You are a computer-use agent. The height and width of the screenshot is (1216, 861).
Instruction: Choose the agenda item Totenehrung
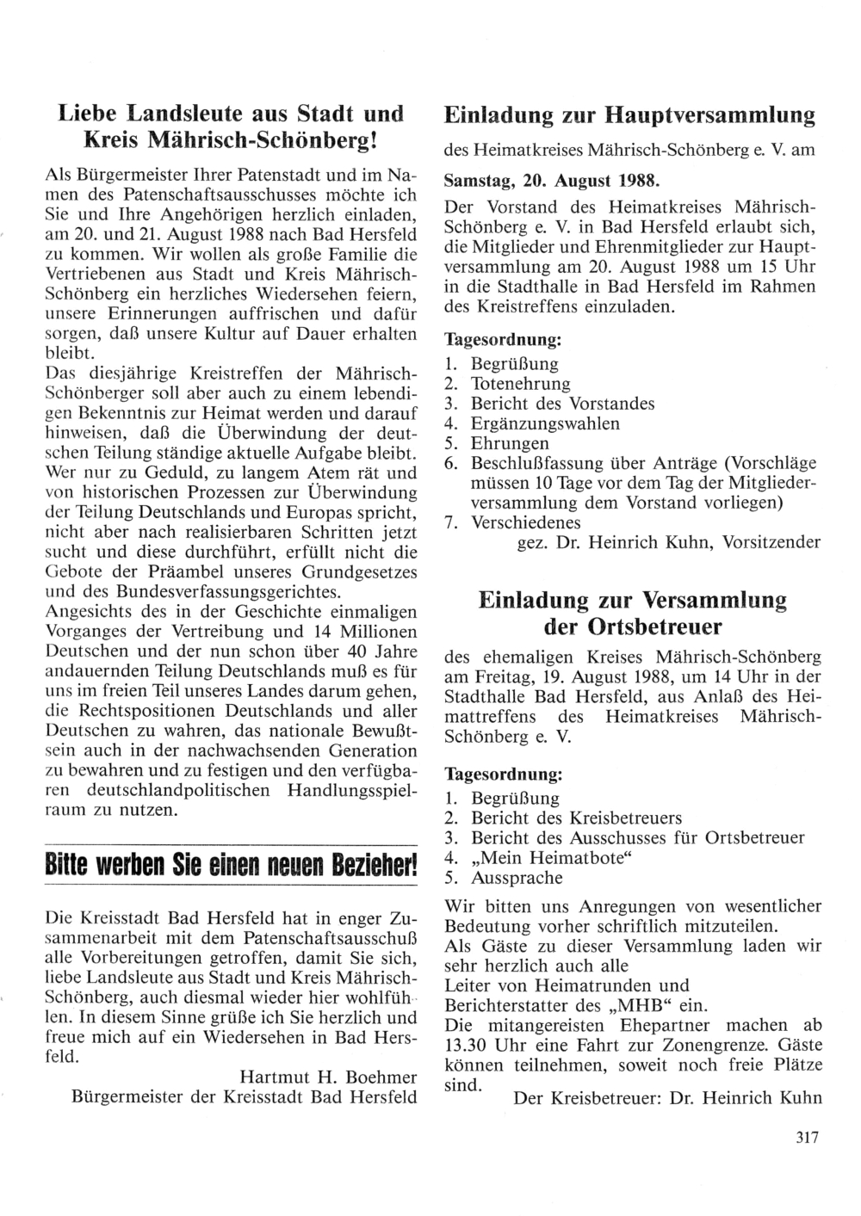520,384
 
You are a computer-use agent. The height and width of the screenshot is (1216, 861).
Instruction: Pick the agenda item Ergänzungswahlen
545,423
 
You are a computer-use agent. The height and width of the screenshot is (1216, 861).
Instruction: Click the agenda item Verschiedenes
525,522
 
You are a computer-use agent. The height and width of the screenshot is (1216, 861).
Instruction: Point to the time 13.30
467,1045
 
